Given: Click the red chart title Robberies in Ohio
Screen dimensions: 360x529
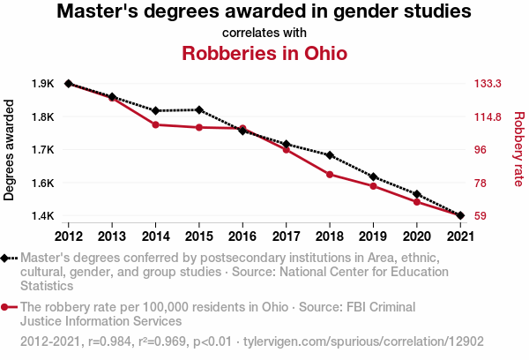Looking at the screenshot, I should [264, 52].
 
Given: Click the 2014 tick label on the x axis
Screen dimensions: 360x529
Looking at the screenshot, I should [155, 236].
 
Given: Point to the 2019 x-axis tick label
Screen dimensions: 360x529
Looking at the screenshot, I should [373, 236].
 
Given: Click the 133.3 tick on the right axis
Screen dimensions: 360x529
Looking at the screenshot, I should [488, 84].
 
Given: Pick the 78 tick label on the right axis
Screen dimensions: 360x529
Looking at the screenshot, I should [481, 183].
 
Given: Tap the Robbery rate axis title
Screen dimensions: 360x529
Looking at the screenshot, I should [518, 149].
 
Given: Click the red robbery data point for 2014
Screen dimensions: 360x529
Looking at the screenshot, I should [155, 124].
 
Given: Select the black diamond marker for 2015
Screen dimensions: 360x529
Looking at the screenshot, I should [199, 110].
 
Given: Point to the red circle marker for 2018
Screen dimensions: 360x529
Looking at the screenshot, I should [330, 175].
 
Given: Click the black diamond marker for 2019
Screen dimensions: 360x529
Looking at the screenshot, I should [373, 177].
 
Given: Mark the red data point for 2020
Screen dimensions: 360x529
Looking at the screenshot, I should [416, 202].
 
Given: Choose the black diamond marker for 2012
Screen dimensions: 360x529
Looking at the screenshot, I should [69, 84].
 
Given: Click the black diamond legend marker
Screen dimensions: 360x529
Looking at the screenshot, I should [6, 259].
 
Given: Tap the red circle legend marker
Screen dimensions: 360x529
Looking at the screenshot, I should [6, 307].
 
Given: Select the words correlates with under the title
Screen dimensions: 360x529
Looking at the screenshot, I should [264, 32].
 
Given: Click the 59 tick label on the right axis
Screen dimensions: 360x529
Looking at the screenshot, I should [481, 215].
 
